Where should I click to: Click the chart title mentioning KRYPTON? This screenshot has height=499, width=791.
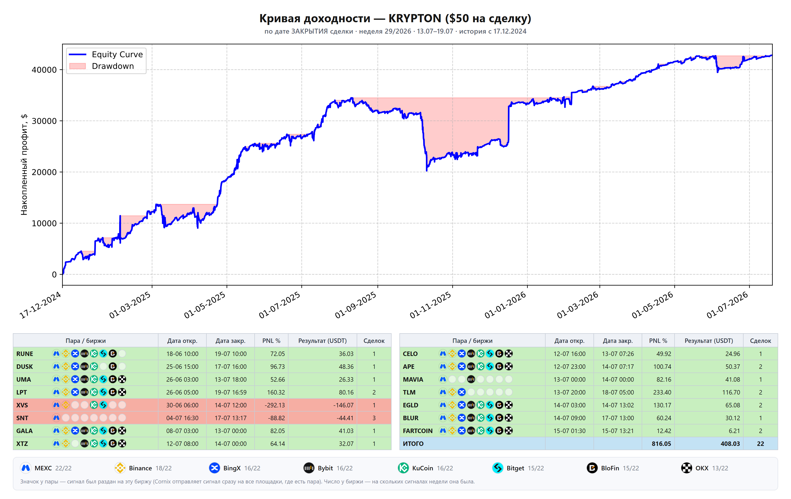coord(395,18)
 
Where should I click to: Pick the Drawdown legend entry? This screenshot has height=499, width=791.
coord(102,66)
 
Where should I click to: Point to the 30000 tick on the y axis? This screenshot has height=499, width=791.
coord(44,121)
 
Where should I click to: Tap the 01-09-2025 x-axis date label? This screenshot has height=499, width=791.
coord(355,305)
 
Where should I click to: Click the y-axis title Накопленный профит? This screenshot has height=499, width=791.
coord(24,165)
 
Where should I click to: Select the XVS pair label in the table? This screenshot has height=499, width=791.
coord(22,405)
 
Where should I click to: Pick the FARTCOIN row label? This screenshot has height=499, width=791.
coord(417,431)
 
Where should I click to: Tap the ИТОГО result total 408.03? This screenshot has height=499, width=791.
coord(730,443)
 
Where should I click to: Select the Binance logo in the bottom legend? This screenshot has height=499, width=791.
coord(120,468)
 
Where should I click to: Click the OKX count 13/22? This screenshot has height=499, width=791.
coord(720,468)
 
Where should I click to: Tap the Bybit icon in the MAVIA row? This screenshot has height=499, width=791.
coord(471,379)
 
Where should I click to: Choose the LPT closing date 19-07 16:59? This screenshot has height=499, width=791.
coord(231,392)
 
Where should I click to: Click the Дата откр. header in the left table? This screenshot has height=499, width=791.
coord(182,341)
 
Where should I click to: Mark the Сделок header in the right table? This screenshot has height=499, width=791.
coord(760,341)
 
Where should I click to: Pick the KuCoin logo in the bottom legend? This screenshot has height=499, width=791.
coord(403,468)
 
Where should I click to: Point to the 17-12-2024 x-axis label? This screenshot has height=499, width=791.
coord(40,305)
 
